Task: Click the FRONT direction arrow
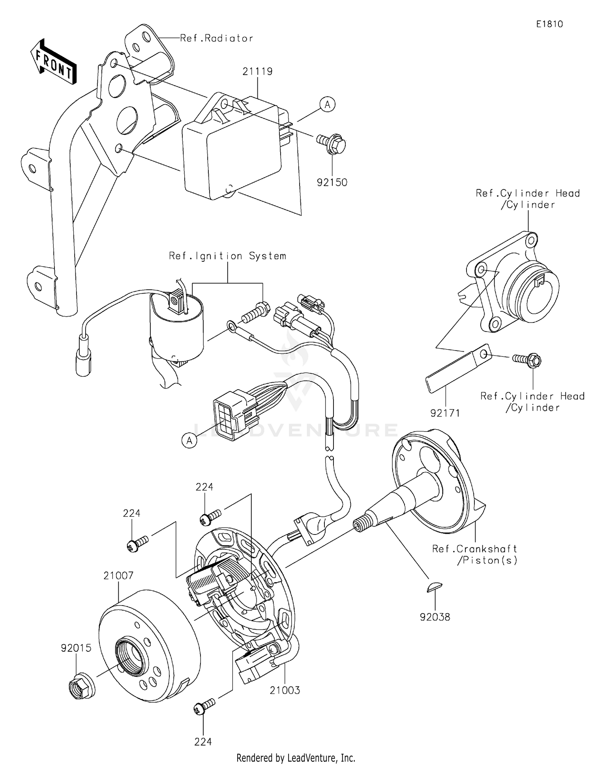(54, 62)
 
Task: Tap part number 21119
(257, 71)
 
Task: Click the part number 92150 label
(332, 182)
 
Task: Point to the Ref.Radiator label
(217, 38)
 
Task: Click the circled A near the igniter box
(327, 105)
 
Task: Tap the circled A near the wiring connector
(189, 440)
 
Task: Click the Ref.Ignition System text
(227, 256)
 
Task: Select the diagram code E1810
(549, 24)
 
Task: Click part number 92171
(445, 413)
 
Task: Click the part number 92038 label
(435, 617)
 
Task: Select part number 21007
(118, 576)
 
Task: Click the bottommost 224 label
(203, 742)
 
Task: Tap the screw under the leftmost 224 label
(137, 543)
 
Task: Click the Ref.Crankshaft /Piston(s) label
(475, 554)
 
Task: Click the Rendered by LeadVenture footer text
(296, 757)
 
